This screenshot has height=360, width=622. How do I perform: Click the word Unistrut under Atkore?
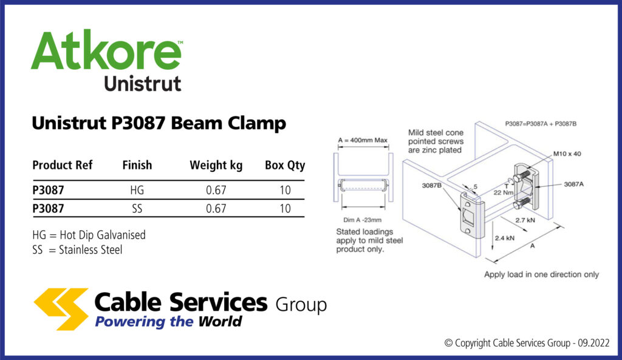point(143,83)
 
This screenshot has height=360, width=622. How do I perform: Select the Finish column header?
point(137,165)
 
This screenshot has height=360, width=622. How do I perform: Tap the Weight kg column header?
point(216,165)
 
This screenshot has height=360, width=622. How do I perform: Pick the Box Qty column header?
point(285,165)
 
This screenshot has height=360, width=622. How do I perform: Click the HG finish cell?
point(137,190)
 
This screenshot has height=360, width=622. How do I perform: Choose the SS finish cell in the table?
point(137,209)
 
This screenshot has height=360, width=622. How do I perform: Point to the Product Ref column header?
point(63,165)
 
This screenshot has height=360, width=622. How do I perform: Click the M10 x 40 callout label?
point(567,154)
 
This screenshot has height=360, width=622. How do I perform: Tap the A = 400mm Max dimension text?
point(363,140)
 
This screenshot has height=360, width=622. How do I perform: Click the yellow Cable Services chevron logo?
point(61,308)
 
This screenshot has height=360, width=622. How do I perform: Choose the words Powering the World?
point(168,321)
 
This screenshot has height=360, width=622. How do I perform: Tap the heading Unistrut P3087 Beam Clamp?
point(159,123)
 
